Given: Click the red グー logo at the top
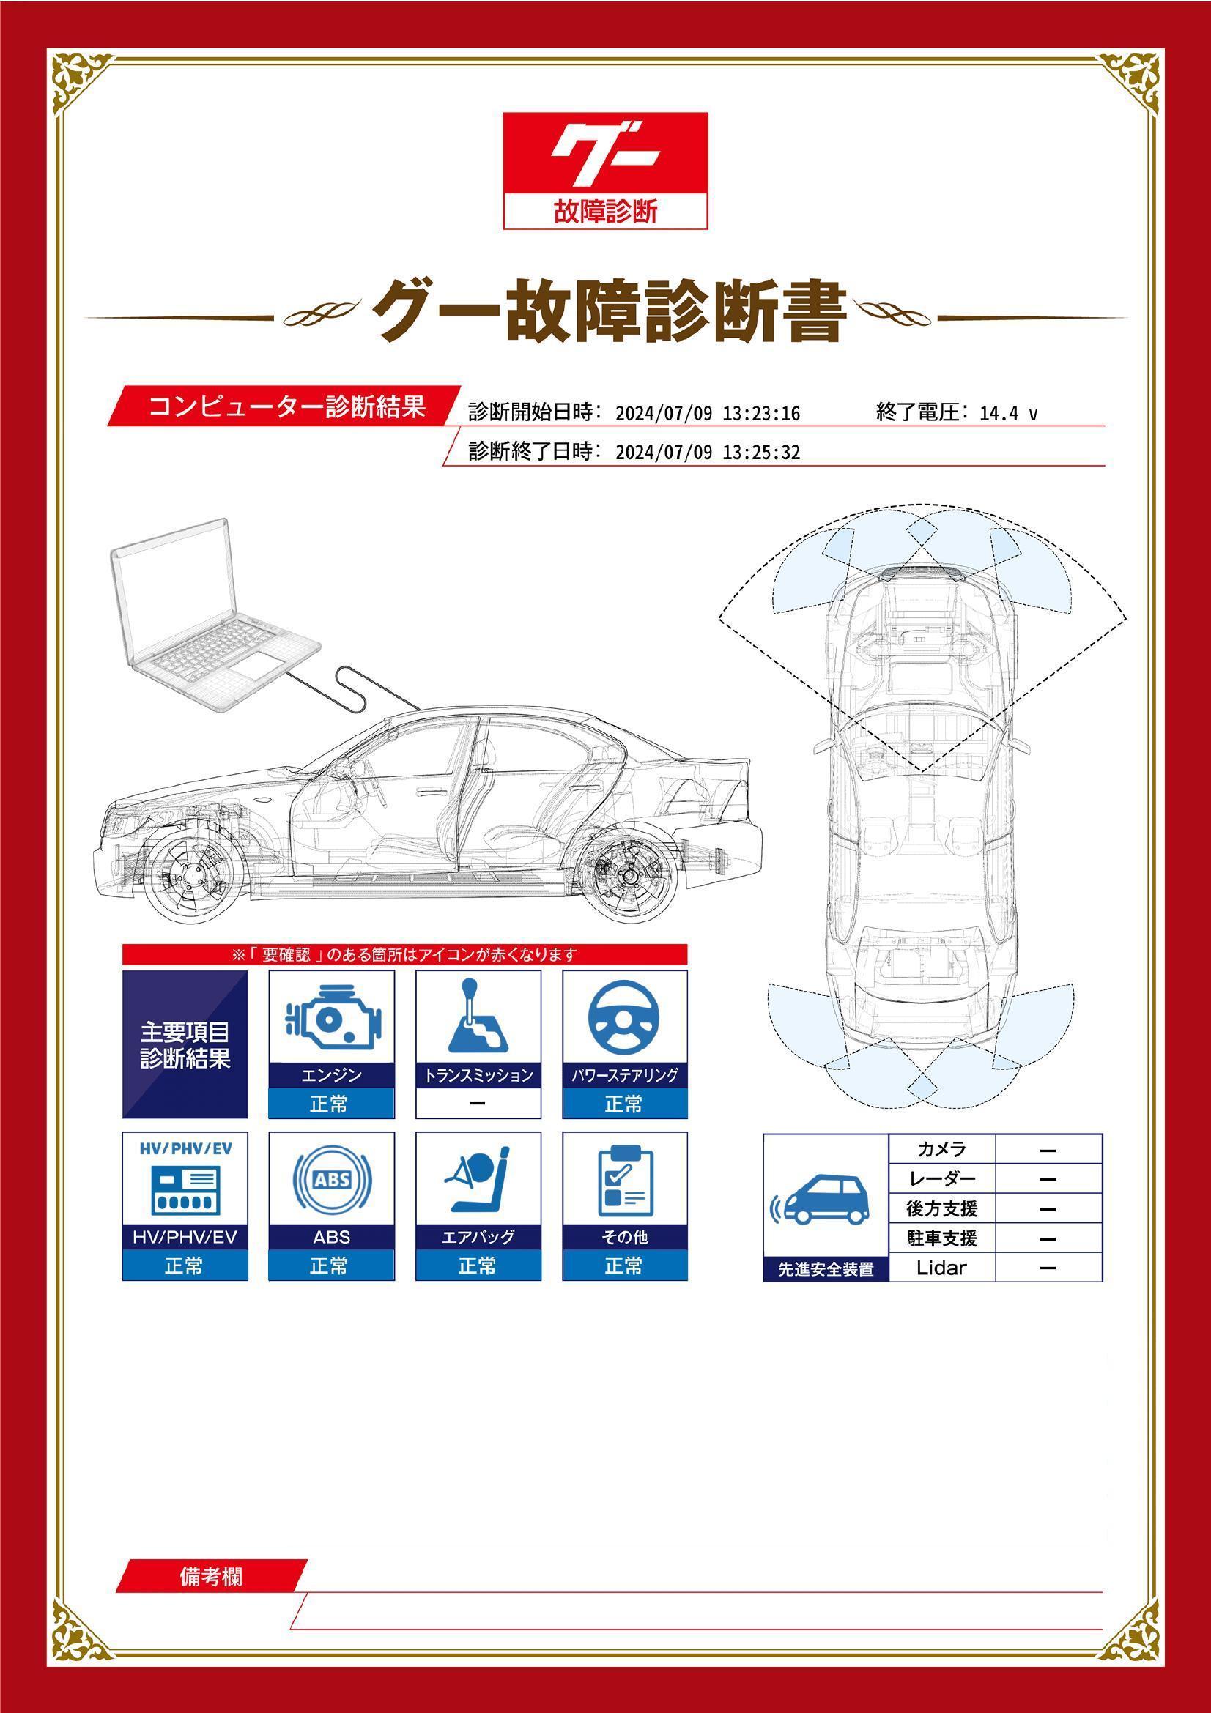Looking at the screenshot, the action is pos(605,170).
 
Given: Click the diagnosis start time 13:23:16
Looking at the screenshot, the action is pos(761,413).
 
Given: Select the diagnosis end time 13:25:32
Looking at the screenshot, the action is pos(761,452).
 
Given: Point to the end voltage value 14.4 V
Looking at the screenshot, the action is pos(1008,413).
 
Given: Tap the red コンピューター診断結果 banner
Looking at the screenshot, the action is pos(284,406).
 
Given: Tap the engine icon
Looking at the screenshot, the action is pos(331,1018).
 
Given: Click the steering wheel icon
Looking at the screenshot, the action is pos(624,1018).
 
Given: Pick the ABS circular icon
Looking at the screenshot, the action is pos(331,1180).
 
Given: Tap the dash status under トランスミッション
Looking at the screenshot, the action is pos(478,1104).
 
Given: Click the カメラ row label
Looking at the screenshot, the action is pos(941,1150).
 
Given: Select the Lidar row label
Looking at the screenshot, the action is pos(941,1268).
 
